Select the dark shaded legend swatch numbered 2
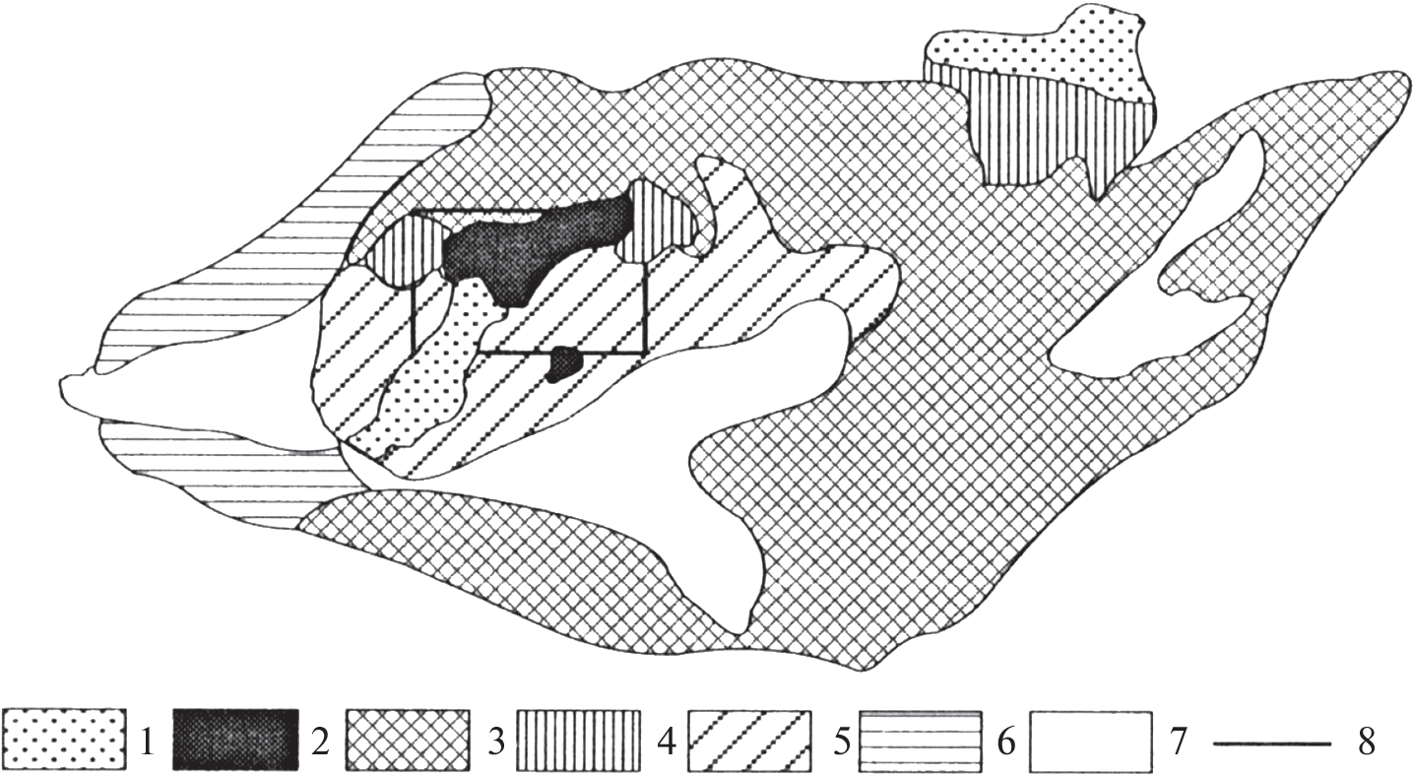pyautogui.click(x=234, y=740)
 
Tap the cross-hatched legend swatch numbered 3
pyautogui.click(x=408, y=740)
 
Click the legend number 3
pyautogui.click(x=497, y=743)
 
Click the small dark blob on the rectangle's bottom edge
pyautogui.click(x=564, y=364)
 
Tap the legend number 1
pyautogui.click(x=147, y=743)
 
